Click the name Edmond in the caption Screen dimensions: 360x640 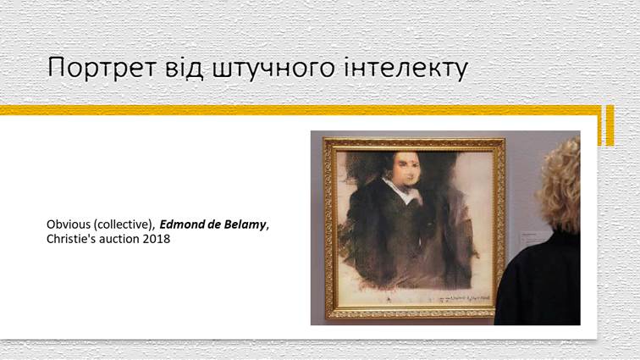(x=185, y=224)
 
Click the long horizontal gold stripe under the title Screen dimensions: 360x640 (x=296, y=110)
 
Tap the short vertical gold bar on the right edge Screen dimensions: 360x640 (x=609, y=125)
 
